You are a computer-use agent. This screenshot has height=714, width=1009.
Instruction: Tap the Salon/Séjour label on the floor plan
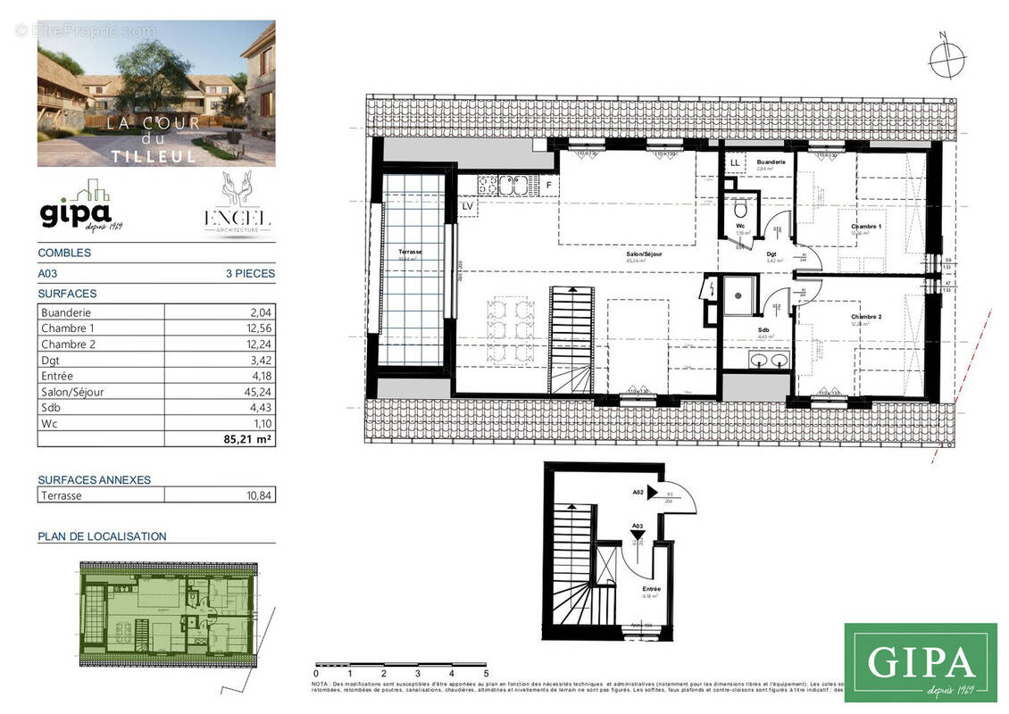coord(643,254)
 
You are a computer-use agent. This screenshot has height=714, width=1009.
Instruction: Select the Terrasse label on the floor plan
coord(411,253)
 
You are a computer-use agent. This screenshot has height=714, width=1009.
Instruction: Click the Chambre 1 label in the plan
coord(865,228)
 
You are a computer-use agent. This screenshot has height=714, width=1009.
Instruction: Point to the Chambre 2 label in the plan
coord(865,318)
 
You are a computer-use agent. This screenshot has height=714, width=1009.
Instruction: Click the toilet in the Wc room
coord(740,209)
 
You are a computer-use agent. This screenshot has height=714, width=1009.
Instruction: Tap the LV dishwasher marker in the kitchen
coord(467,206)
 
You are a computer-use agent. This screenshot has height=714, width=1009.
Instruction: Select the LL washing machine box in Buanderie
coord(735,163)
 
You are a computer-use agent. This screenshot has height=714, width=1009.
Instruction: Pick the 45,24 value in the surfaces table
coord(256,392)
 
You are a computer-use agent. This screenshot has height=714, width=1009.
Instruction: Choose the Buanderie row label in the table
coord(66,312)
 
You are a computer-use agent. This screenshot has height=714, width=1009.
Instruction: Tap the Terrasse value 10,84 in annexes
coord(256,495)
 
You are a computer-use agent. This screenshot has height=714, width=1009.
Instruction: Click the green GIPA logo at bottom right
coord(920,662)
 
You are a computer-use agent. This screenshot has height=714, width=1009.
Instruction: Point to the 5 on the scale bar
coord(486,673)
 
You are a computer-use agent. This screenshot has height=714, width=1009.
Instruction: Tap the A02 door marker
coord(638,492)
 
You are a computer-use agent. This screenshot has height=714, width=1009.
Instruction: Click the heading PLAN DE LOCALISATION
coord(102,536)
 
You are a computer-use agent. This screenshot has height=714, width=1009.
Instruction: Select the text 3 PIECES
coord(250,274)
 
